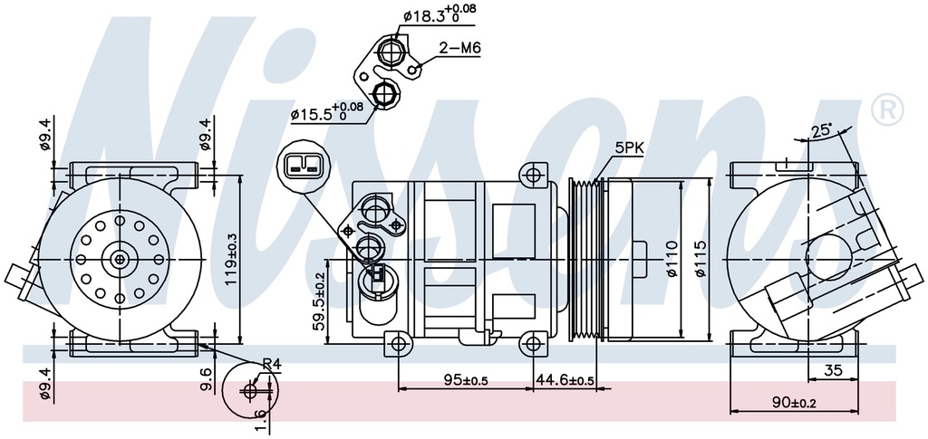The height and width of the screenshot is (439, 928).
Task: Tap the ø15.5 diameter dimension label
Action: coord(326,113)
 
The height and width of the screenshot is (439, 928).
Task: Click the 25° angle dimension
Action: coord(822,131)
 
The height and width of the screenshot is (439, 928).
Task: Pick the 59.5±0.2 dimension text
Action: coord(319,300)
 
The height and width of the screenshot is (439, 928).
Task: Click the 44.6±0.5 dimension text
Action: coord(565,380)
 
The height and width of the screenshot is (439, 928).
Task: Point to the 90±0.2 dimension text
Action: coord(794,402)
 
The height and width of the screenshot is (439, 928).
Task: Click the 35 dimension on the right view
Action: coord(834,368)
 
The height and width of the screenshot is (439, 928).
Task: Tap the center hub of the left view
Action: coord(120,260)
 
